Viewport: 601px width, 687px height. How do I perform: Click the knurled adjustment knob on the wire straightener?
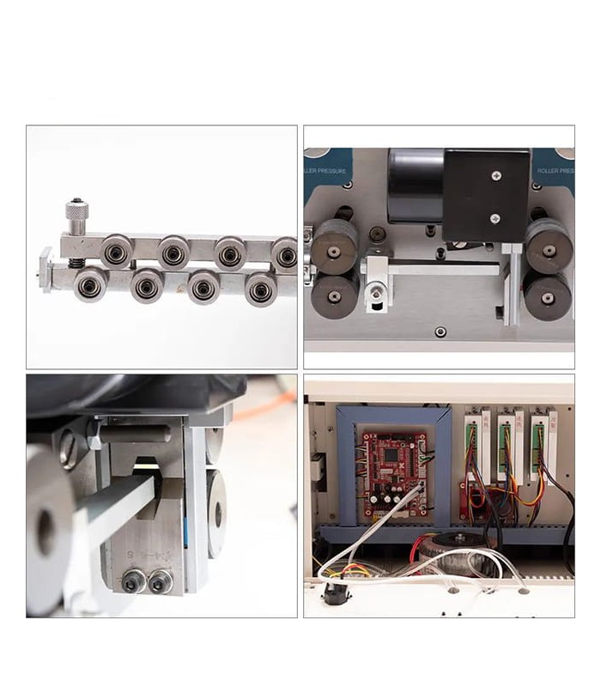point(76,210)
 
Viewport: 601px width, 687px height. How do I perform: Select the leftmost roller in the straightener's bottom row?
point(90,284)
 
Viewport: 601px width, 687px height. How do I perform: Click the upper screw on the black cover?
point(496,176)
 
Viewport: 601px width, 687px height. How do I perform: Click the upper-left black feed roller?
point(334,246)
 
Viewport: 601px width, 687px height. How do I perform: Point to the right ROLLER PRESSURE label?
point(555,170)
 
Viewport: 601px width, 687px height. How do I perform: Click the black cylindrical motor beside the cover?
point(416,185)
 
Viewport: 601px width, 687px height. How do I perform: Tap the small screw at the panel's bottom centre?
point(440,331)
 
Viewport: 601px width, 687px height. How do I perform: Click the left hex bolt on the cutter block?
point(133,581)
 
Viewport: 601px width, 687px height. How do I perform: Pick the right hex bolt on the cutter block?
point(160,581)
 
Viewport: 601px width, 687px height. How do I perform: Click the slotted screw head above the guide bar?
point(69,449)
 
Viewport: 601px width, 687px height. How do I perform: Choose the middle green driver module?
point(506,446)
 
